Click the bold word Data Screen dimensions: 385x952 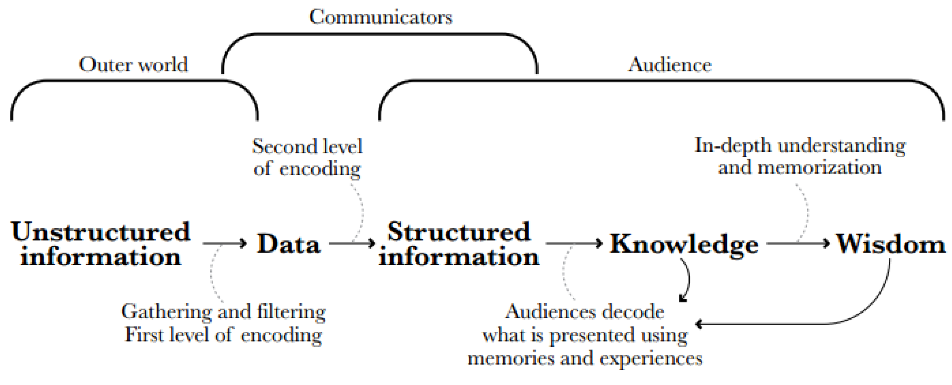(288, 244)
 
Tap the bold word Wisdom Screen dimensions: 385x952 (891, 244)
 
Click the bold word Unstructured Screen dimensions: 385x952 (100, 232)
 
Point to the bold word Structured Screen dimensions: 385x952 (459, 232)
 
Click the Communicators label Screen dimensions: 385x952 (381, 17)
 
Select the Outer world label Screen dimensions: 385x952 (133, 65)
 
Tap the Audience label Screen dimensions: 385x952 (670, 65)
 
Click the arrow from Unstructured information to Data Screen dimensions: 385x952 (225, 243)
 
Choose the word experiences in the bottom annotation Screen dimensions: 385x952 (650, 359)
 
